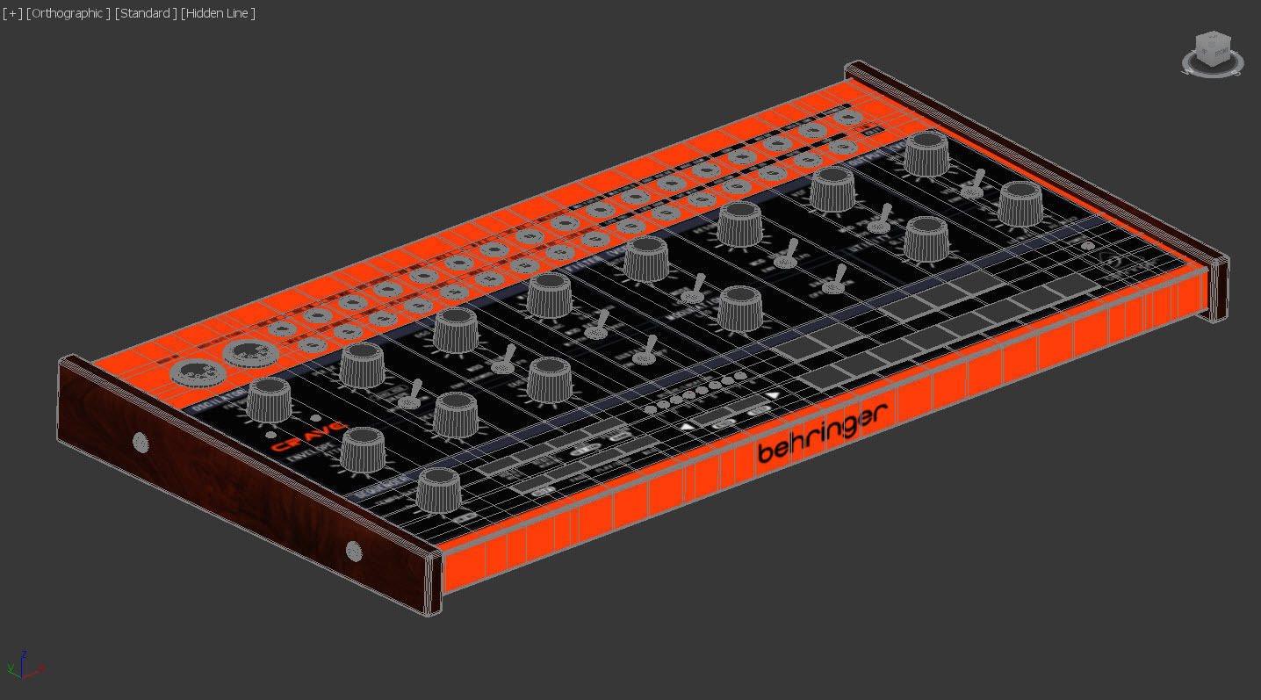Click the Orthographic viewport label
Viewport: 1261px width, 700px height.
pyautogui.click(x=68, y=13)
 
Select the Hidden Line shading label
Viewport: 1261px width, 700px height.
pyautogui.click(x=218, y=13)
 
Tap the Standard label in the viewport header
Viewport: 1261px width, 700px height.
pyautogui.click(x=145, y=13)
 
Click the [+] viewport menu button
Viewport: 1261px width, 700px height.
pyautogui.click(x=12, y=13)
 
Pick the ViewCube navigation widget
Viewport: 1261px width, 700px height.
pyautogui.click(x=1212, y=53)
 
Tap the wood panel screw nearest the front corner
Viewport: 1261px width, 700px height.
pyautogui.click(x=354, y=551)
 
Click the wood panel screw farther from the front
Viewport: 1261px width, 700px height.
pyautogui.click(x=140, y=441)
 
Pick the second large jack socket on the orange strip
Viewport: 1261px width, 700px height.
pyautogui.click(x=251, y=353)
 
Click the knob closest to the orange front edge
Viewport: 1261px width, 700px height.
pyautogui.click(x=438, y=489)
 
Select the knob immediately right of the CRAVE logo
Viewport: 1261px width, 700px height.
pyautogui.click(x=362, y=449)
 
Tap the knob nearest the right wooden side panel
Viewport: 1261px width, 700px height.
pyautogui.click(x=1020, y=204)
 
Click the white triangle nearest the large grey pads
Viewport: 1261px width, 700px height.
pyautogui.click(x=773, y=396)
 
